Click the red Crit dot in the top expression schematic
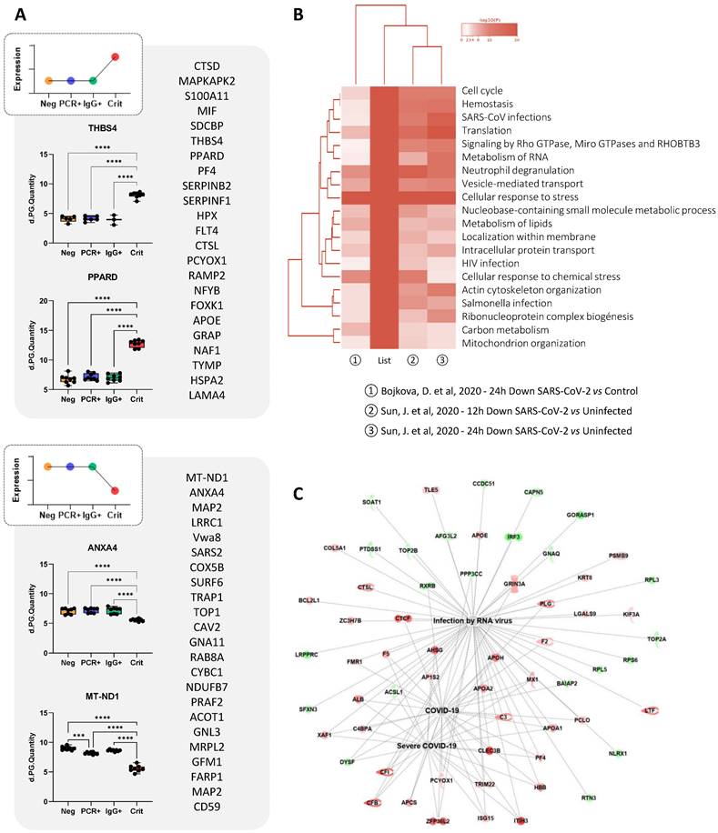click(141, 56)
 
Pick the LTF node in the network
click(650, 709)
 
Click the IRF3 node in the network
click(514, 537)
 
